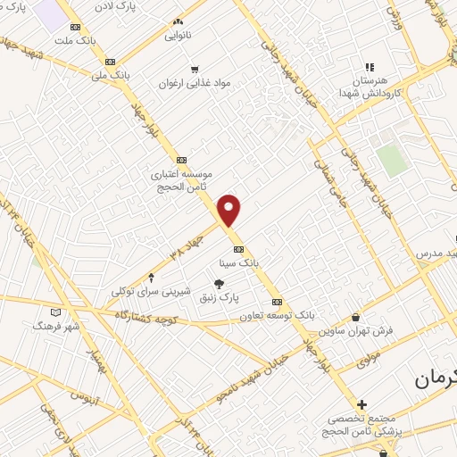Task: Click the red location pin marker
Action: tap(230, 210)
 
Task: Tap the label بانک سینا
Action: tap(238, 263)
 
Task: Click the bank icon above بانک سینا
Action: tap(237, 249)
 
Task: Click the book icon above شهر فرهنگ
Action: tap(56, 313)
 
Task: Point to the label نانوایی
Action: tap(179, 37)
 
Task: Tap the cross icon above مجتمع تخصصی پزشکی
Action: tap(361, 404)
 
